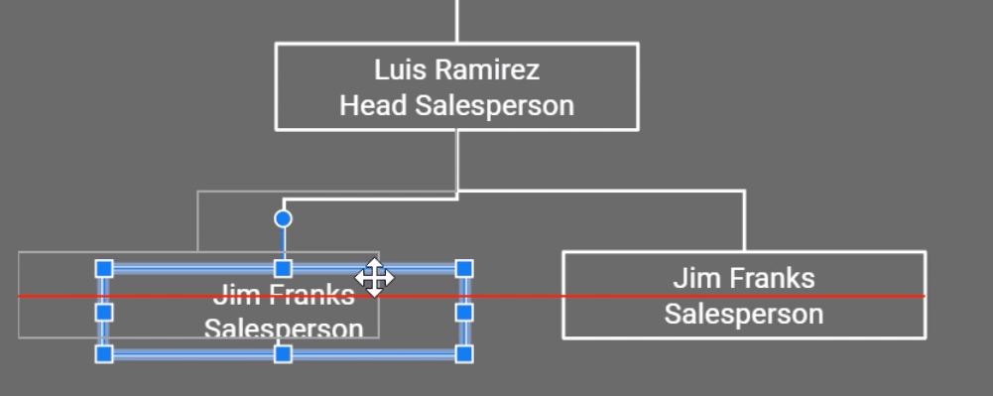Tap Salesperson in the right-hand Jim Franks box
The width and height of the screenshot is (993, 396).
(x=744, y=314)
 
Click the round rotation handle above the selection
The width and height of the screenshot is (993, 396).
(x=283, y=218)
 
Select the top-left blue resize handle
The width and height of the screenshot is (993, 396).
(x=104, y=269)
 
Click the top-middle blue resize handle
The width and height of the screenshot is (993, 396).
(x=283, y=269)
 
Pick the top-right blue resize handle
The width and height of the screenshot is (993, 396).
(x=463, y=269)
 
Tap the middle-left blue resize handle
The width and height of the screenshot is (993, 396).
(x=104, y=312)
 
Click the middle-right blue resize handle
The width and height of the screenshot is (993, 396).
(x=463, y=312)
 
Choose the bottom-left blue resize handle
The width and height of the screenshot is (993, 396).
(x=104, y=353)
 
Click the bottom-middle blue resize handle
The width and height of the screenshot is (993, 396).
(x=283, y=353)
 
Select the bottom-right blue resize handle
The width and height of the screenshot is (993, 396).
(x=463, y=353)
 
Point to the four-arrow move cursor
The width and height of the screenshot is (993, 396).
(x=374, y=278)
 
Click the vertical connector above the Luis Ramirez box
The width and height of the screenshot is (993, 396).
(x=457, y=20)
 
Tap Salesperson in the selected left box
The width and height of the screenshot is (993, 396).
(x=284, y=329)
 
